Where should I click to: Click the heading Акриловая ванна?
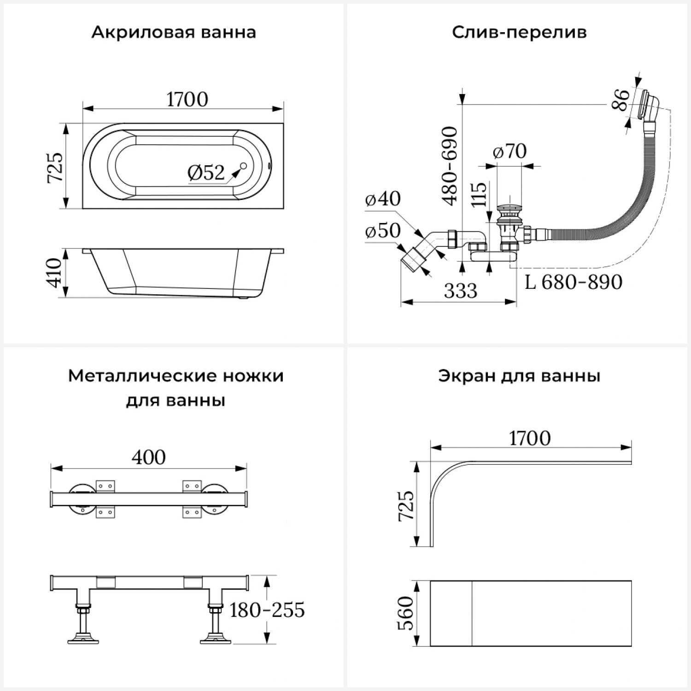pos(174,33)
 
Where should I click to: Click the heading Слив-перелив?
pos(519,33)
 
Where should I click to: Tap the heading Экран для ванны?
pos(519,376)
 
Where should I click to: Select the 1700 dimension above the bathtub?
pos(187,99)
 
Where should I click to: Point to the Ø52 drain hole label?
pos(206,172)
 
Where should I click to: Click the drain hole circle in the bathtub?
pos(244,166)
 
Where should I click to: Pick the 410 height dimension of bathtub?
pos(54,273)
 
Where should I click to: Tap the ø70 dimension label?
pos(509,151)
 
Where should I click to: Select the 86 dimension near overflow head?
pos(621,100)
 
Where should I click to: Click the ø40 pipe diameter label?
pos(382,199)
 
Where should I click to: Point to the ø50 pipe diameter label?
pos(382,230)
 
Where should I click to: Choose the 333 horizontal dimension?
pos(461,291)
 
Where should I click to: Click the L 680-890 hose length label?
pos(574,282)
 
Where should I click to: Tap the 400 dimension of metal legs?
pos(148,457)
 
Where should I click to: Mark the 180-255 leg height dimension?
pos(267,610)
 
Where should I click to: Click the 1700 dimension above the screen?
pos(530,438)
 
